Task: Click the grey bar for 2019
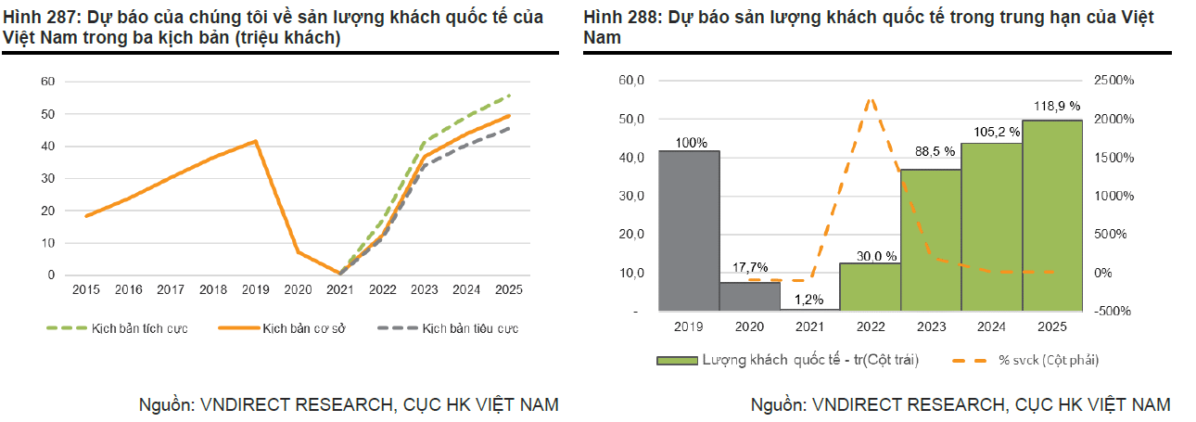pos(689,230)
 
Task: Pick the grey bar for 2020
pos(749,296)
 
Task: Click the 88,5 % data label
pos(930,151)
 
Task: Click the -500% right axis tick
pos(1113,312)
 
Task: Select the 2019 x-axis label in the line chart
pos(256,290)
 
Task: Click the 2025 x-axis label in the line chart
pos(508,290)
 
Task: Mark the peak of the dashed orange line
pos(870,98)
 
